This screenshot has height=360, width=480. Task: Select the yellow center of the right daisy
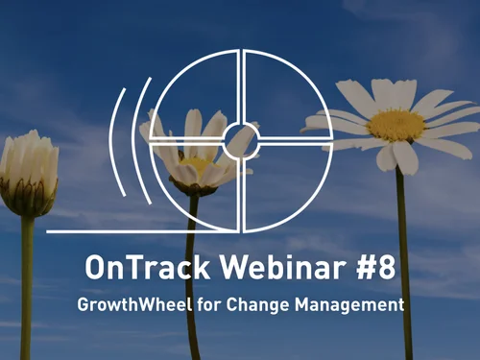(395, 125)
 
